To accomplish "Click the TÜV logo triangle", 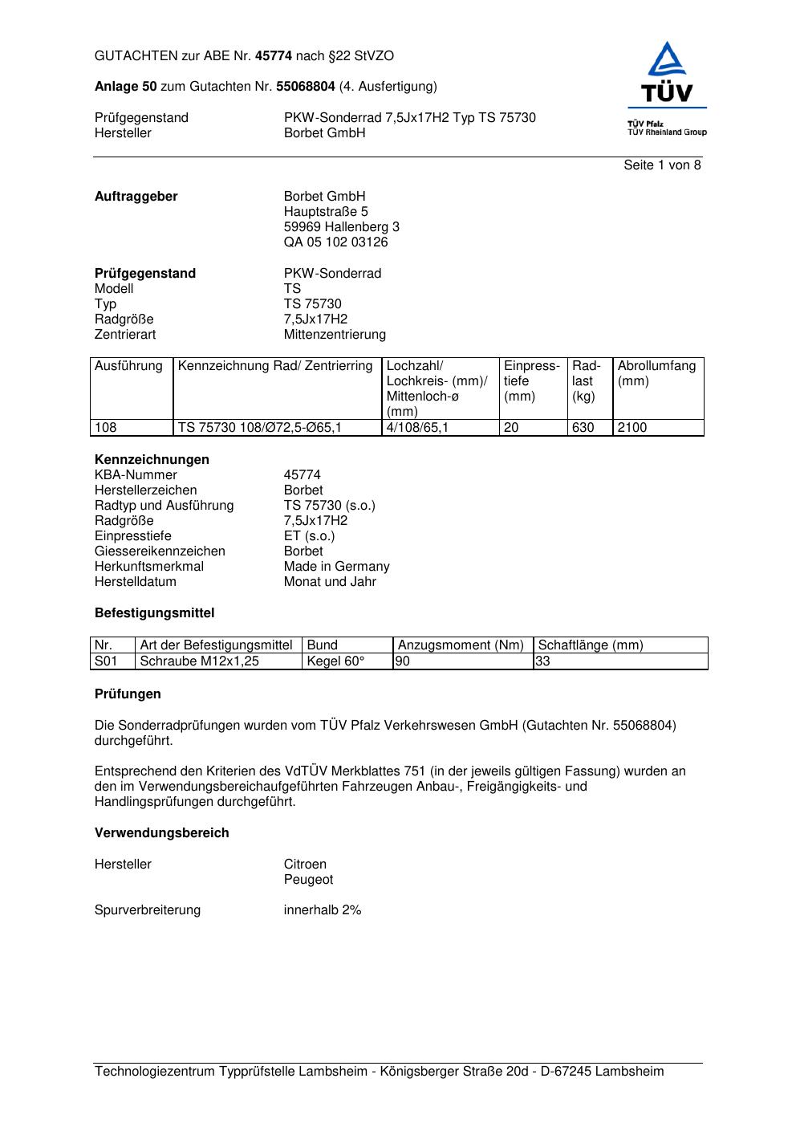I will coord(667,61).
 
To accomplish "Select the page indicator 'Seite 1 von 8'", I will coord(662,165).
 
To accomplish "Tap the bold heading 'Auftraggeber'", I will coord(136,197).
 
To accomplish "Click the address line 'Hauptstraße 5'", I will coord(326,212).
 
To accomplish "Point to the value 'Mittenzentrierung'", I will coord(335,335).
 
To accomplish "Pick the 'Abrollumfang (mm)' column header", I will coord(656,373).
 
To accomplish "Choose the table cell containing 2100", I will coord(632,428).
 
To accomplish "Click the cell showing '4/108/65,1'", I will coord(417,428).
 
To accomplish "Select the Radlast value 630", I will coord(583,428).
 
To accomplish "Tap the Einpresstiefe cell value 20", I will coord(511,428).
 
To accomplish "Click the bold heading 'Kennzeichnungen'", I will coord(152,460).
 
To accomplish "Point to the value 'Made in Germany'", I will coord(336,567).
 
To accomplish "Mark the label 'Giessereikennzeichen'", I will coord(160,551).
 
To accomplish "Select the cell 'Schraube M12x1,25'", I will coord(199,661).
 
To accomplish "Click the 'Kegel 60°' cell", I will coord(335,661).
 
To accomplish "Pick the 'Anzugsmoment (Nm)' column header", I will coord(461,645).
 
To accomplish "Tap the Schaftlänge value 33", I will coord(542,661).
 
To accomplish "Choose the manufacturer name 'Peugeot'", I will coord(308,880).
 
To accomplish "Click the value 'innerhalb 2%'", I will coord(323,910).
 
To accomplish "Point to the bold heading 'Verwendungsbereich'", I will coord(162,833).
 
